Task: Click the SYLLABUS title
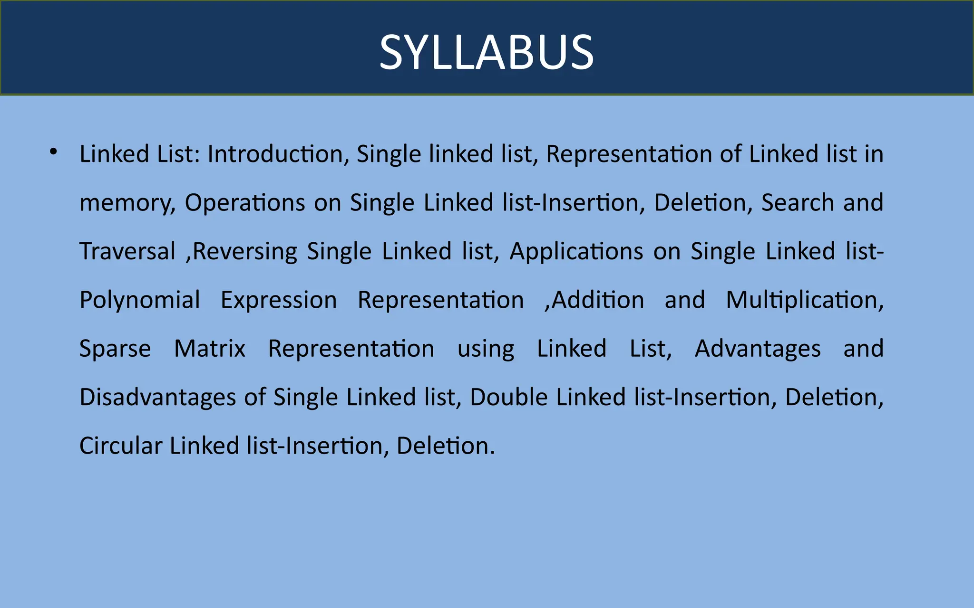[x=487, y=52]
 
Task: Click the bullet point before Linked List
[x=53, y=152]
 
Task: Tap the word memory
[x=127, y=203]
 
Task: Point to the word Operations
[x=244, y=203]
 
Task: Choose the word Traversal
[x=127, y=251]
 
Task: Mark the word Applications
[x=576, y=252]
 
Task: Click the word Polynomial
[x=140, y=301]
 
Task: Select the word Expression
[x=279, y=301]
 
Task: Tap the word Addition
[x=598, y=301]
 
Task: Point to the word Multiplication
[x=804, y=301]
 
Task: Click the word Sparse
[x=115, y=349]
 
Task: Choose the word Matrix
[x=210, y=349]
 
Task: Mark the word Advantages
[x=758, y=349]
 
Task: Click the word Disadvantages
[x=157, y=398]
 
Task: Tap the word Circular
[x=121, y=446]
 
